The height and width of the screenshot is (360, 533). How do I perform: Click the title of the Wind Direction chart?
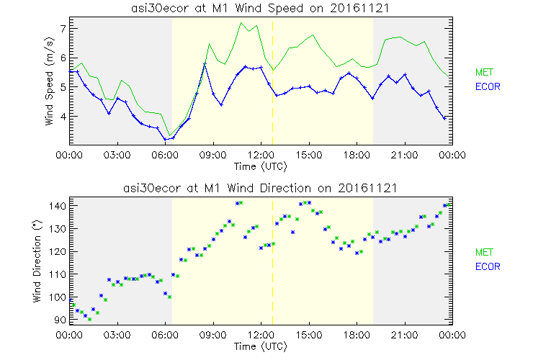[261, 188]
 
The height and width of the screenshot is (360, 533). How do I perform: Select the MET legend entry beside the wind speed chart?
[483, 73]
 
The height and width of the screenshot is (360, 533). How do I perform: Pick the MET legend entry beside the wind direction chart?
[483, 253]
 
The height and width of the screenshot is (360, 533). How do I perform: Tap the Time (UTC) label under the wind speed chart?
[261, 166]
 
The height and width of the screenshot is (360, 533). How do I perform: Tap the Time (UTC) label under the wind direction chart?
[261, 346]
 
